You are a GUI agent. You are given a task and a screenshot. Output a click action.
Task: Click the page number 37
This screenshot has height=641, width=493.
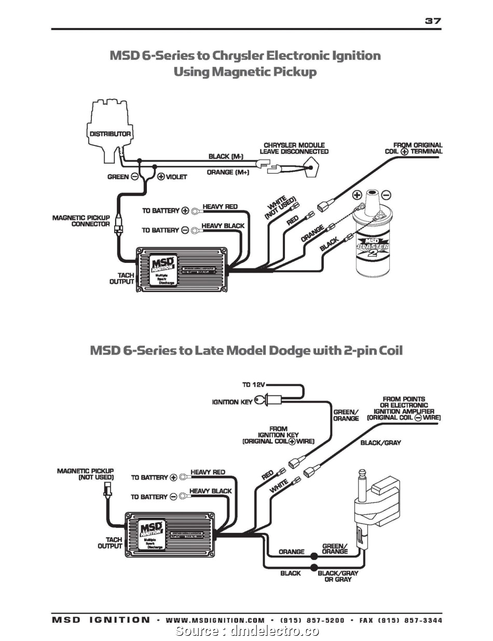[x=432, y=21]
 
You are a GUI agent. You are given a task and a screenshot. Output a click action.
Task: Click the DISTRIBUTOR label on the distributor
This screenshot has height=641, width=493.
[x=110, y=134]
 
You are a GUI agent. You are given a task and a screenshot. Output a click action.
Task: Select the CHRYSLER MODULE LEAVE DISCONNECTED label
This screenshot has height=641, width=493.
[x=294, y=148]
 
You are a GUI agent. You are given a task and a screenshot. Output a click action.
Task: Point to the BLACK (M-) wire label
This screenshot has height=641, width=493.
[x=226, y=156]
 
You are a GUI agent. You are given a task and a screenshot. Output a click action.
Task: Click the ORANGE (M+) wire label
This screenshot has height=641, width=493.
[x=228, y=172]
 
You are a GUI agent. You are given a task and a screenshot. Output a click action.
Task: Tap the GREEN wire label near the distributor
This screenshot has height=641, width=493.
[x=118, y=177]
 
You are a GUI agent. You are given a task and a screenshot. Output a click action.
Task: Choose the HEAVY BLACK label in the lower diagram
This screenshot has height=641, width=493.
[x=210, y=491]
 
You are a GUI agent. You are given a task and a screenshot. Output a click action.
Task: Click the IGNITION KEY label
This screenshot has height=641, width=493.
[x=232, y=402]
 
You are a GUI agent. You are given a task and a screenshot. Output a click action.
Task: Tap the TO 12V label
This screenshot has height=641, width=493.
[x=253, y=385]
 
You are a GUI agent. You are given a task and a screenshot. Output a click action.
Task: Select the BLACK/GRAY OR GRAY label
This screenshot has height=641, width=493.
[x=338, y=577]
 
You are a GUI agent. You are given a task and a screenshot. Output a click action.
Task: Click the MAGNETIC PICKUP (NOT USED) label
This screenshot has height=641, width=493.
[x=85, y=474]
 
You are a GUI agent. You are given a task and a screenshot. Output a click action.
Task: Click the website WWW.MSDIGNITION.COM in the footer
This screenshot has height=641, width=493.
[x=215, y=620]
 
